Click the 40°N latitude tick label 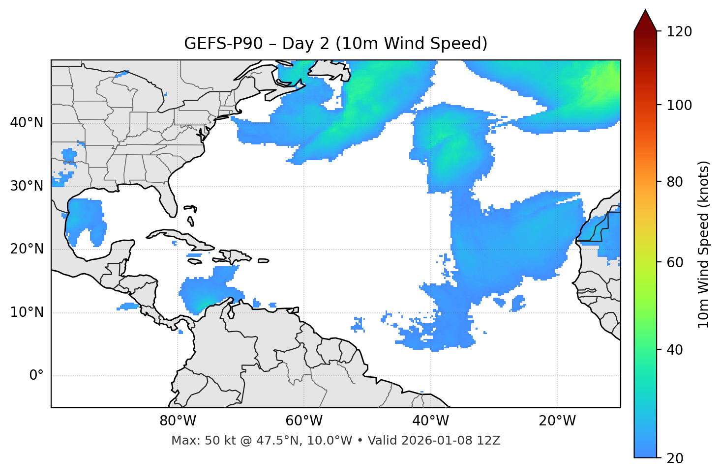pos(27,123)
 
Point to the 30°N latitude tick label pos(27,186)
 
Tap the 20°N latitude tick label pos(27,249)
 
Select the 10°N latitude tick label pos(27,312)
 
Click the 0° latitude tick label pos(36,376)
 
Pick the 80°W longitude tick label pos(178,421)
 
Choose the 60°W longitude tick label pos(304,421)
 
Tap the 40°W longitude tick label pos(431,421)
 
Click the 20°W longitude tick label pos(557,421)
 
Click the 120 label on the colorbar pos(679,31)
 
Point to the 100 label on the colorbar pos(679,105)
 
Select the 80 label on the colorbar pos(675,182)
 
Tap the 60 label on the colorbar pos(675,262)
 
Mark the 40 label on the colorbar pos(675,350)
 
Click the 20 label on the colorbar pos(675,458)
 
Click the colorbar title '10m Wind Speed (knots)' pos(704,244)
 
